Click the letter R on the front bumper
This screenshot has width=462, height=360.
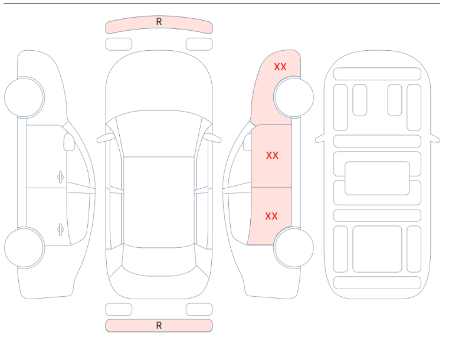[x=159, y=21]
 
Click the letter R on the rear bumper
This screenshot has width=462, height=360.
[x=159, y=326]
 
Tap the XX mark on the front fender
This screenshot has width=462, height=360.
[x=280, y=67]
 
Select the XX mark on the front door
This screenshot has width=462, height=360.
[x=272, y=156]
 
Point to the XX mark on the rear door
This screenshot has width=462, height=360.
[x=271, y=216]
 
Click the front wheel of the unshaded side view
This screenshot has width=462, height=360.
[x=24, y=97]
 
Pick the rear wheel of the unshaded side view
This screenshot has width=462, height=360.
[x=24, y=247]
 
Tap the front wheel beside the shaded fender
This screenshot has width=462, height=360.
[x=294, y=97]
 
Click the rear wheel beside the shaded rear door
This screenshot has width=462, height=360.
[x=294, y=247]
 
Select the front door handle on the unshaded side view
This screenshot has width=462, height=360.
[x=60, y=178]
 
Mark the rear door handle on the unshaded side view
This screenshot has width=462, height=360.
[x=60, y=230]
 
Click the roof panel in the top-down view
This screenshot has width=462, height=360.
[x=159, y=202]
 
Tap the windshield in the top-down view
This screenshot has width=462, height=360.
[x=159, y=133]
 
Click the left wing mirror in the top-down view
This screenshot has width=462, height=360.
[x=105, y=138]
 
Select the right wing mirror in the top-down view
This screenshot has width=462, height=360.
[x=213, y=138]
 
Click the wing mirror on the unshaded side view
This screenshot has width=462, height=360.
[x=69, y=142]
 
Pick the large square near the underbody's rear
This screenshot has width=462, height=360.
[x=377, y=249]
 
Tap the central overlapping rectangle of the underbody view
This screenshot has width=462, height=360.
[x=377, y=178]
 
